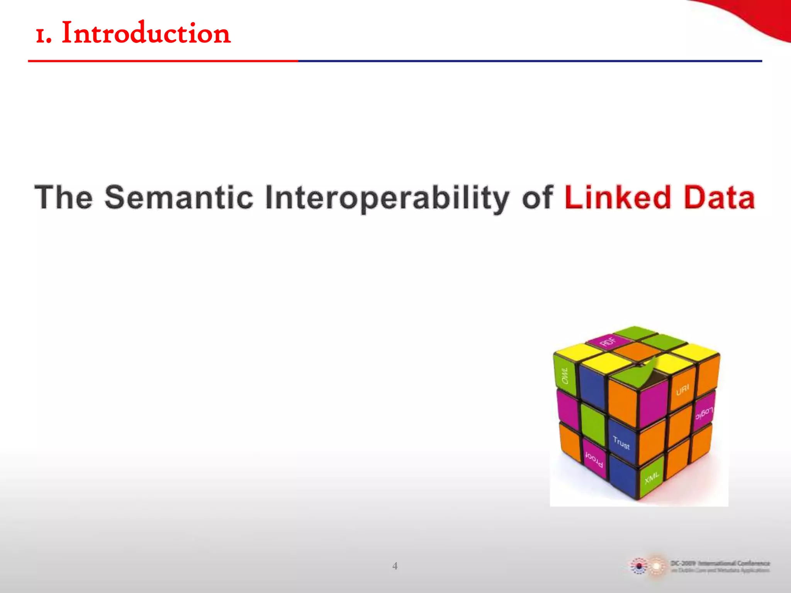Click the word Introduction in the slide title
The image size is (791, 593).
click(x=146, y=33)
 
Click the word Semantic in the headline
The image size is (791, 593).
click(x=179, y=198)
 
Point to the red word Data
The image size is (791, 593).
click(x=719, y=198)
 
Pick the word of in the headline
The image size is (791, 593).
click(x=537, y=198)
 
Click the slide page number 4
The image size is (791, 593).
click(x=395, y=566)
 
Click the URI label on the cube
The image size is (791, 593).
click(x=682, y=390)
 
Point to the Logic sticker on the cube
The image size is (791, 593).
click(x=704, y=413)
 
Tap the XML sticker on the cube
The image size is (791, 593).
click(x=652, y=478)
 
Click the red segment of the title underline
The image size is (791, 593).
click(x=162, y=61)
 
